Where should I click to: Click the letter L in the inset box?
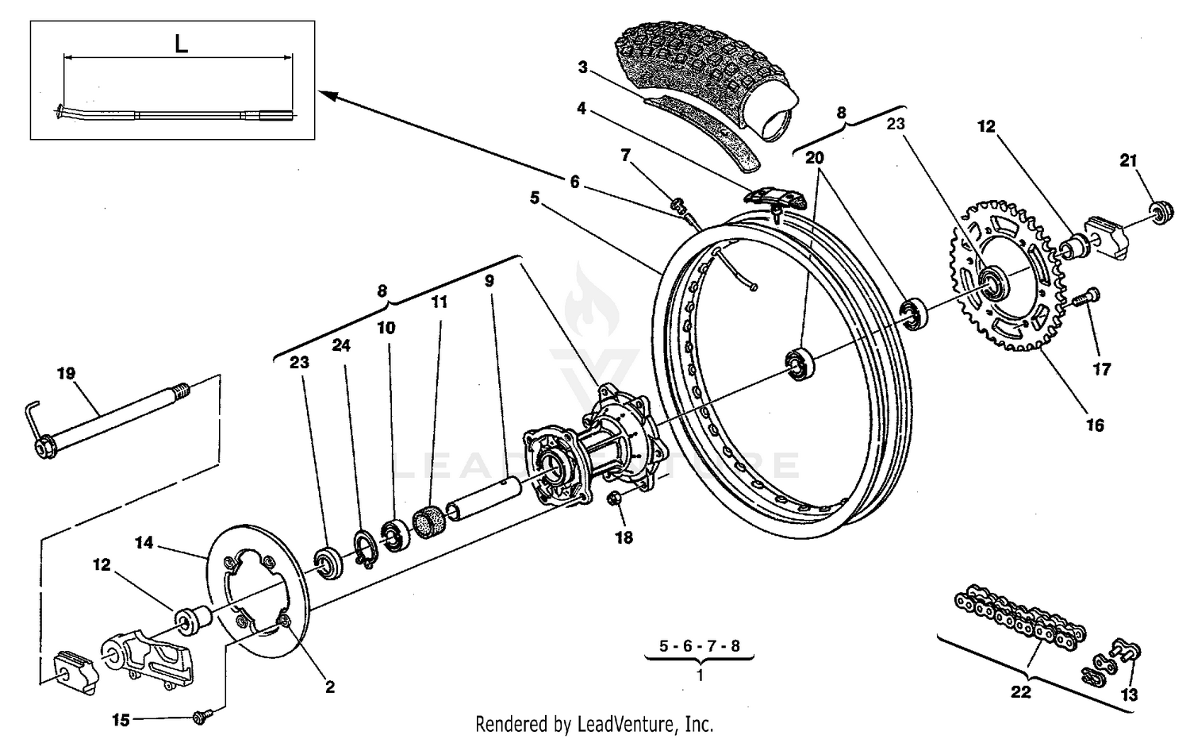(x=181, y=44)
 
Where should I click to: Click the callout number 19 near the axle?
(x=66, y=372)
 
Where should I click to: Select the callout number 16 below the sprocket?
(x=1094, y=425)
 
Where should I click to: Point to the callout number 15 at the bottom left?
(x=121, y=721)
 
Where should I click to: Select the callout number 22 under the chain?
(x=1020, y=692)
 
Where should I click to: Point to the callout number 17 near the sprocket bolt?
(x=1102, y=368)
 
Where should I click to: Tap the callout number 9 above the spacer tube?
(x=489, y=281)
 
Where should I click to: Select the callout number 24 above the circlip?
(x=341, y=345)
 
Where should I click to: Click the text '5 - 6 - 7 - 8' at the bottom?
(x=700, y=646)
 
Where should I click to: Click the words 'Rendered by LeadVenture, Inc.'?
(x=594, y=724)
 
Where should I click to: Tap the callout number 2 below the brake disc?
(x=330, y=687)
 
